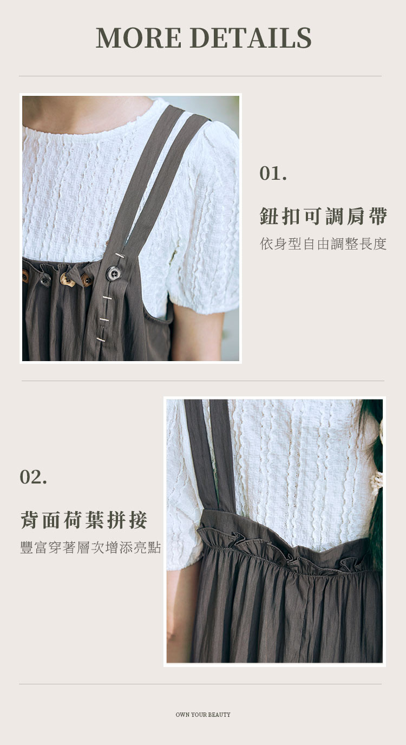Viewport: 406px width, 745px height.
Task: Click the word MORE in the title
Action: click(x=139, y=37)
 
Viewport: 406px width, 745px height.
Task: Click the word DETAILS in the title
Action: click(x=251, y=37)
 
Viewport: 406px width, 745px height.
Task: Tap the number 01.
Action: click(x=273, y=173)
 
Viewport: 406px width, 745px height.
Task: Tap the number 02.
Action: click(x=33, y=477)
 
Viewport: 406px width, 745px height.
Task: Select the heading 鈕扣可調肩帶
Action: click(x=323, y=216)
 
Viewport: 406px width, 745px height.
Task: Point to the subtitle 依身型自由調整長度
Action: click(x=323, y=244)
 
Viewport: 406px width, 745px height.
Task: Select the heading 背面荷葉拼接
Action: click(x=84, y=520)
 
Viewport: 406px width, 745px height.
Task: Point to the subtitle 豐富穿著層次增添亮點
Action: click(x=90, y=547)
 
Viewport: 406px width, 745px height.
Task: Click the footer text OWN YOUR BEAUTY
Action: click(x=203, y=714)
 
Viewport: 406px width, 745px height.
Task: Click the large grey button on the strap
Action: click(x=113, y=274)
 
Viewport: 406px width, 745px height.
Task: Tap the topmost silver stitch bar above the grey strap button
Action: click(x=120, y=256)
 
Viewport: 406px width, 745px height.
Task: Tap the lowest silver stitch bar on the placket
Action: click(x=101, y=339)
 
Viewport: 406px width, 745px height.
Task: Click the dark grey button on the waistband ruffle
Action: click(x=45, y=280)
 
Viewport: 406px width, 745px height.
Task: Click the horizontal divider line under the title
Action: click(x=200, y=76)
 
